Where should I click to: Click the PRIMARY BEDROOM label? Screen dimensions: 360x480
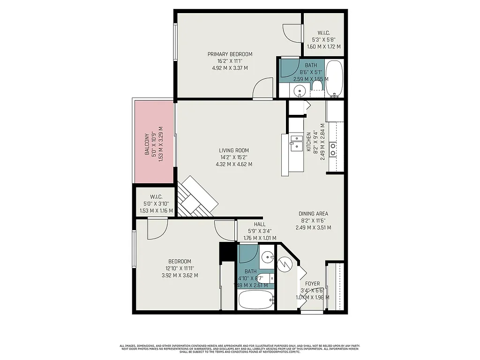tap(230, 54)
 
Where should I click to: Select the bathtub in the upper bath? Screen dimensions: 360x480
tap(334, 78)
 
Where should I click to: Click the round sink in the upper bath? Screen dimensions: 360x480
tap(300, 91)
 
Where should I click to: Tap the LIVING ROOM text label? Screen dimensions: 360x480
tap(233, 150)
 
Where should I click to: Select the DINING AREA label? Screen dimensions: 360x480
tap(313, 214)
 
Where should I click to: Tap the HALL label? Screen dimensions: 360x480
tap(260, 224)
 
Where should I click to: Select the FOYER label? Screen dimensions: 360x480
tap(312, 284)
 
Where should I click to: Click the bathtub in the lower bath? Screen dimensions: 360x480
tap(255, 300)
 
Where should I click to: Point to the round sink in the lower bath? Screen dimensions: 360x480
tap(267, 256)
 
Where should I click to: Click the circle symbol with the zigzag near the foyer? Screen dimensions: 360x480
tap(284, 266)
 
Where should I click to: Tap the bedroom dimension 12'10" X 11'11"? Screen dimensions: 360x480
tap(180, 268)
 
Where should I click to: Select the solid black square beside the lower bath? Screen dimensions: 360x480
tap(227, 252)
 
